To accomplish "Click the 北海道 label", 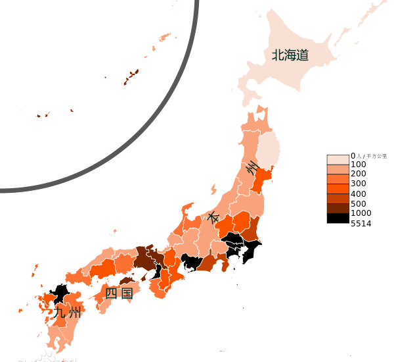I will [290, 55].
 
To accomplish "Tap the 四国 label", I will [119, 293].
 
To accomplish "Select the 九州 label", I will [68, 313].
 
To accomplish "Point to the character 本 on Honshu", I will [213, 216].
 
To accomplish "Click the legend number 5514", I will [361, 224].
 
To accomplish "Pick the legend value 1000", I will [361, 213].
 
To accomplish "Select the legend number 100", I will [359, 164].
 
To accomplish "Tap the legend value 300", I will [359, 184].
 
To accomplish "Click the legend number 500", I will [359, 203].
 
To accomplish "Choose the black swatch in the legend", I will [338, 218].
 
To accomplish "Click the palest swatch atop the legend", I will [338, 159].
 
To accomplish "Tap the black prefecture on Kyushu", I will [60, 293].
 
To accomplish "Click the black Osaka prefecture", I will [156, 271].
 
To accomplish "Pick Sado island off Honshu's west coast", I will [214, 190].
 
